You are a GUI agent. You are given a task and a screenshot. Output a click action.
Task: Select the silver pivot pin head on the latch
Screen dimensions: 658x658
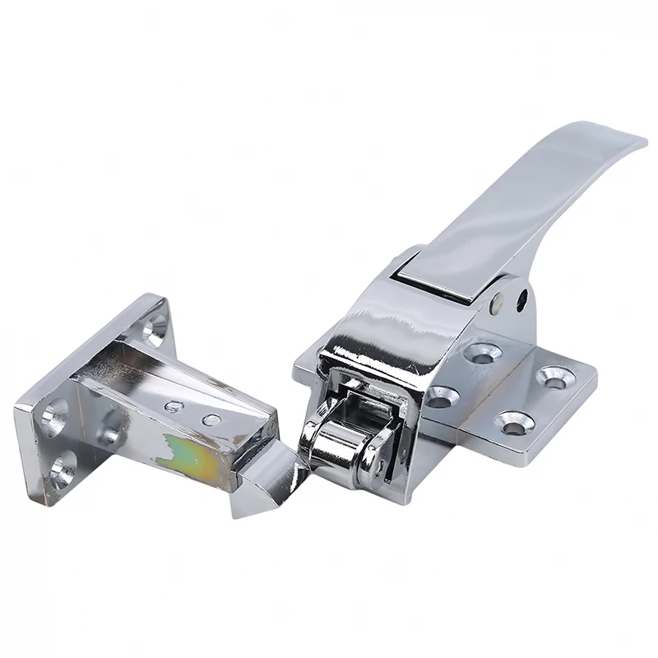click(x=498, y=303)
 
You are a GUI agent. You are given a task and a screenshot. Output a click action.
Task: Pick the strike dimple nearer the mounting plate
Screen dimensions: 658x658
click(x=174, y=406)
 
